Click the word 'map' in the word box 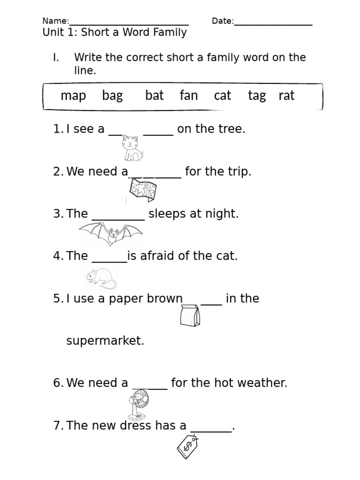(x=73, y=96)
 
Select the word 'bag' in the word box (x=112, y=96)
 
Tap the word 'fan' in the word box (x=188, y=96)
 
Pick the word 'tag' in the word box (x=256, y=96)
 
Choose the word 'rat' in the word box (x=286, y=96)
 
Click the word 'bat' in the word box (x=154, y=96)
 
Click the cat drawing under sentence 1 (x=132, y=148)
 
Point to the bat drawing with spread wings (x=111, y=233)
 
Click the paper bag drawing (x=190, y=315)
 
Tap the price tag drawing (x=187, y=446)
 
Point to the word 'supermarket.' (x=105, y=341)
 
